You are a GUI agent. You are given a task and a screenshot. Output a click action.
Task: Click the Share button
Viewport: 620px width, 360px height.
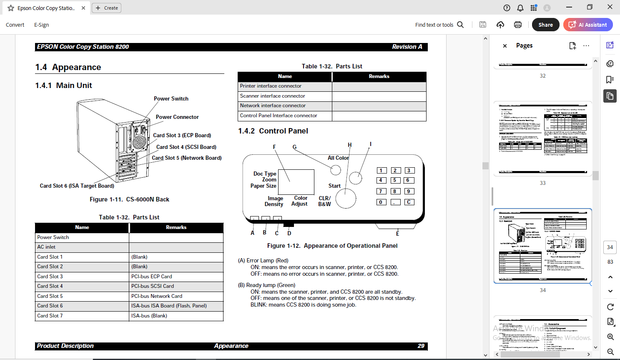click(545, 25)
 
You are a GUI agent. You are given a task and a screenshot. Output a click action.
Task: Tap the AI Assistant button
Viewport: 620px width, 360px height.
click(588, 25)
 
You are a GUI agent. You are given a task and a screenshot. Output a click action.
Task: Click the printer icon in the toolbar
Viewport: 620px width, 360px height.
click(518, 25)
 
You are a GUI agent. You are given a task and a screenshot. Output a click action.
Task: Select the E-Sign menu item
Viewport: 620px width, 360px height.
click(41, 25)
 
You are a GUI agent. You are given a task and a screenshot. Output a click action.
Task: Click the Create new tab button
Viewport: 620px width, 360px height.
click(107, 8)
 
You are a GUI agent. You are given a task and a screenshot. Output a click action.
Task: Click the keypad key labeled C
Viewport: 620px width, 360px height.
click(409, 202)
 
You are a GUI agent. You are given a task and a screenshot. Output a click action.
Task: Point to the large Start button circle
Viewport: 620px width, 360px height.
click(346, 198)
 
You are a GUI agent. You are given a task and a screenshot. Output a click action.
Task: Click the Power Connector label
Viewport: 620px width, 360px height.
click(177, 117)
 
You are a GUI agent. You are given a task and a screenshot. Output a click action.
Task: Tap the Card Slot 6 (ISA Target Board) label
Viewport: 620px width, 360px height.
click(77, 186)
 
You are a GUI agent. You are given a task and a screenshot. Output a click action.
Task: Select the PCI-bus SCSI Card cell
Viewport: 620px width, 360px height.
click(153, 286)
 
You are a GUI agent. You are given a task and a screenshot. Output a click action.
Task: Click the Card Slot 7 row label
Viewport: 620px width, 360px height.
click(50, 316)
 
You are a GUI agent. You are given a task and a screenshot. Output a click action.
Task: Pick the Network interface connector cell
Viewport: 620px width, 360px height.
click(273, 106)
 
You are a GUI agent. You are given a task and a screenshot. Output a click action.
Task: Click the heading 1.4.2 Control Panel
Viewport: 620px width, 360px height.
click(273, 131)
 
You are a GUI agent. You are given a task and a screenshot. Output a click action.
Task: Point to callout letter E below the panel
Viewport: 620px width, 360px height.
click(397, 234)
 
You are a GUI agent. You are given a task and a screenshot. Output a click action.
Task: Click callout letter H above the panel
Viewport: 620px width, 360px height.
click(350, 145)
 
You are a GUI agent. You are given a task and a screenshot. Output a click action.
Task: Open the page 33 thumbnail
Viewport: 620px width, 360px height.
click(542, 138)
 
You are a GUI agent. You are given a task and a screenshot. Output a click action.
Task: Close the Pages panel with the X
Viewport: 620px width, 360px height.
click(505, 46)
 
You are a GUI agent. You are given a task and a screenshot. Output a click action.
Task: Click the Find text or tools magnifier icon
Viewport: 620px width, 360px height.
click(460, 25)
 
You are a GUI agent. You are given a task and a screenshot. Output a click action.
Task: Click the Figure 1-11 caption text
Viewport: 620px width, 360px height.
click(129, 199)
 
